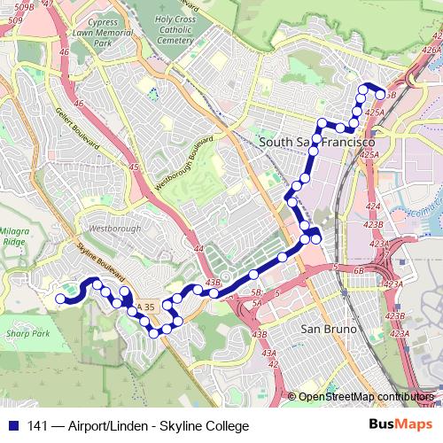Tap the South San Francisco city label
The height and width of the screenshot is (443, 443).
(316, 142)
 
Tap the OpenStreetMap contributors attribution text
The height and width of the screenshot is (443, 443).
(366, 397)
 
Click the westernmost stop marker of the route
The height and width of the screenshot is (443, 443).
(61, 299)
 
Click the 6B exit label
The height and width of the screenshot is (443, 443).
(359, 269)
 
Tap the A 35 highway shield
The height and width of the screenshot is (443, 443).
(145, 307)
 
